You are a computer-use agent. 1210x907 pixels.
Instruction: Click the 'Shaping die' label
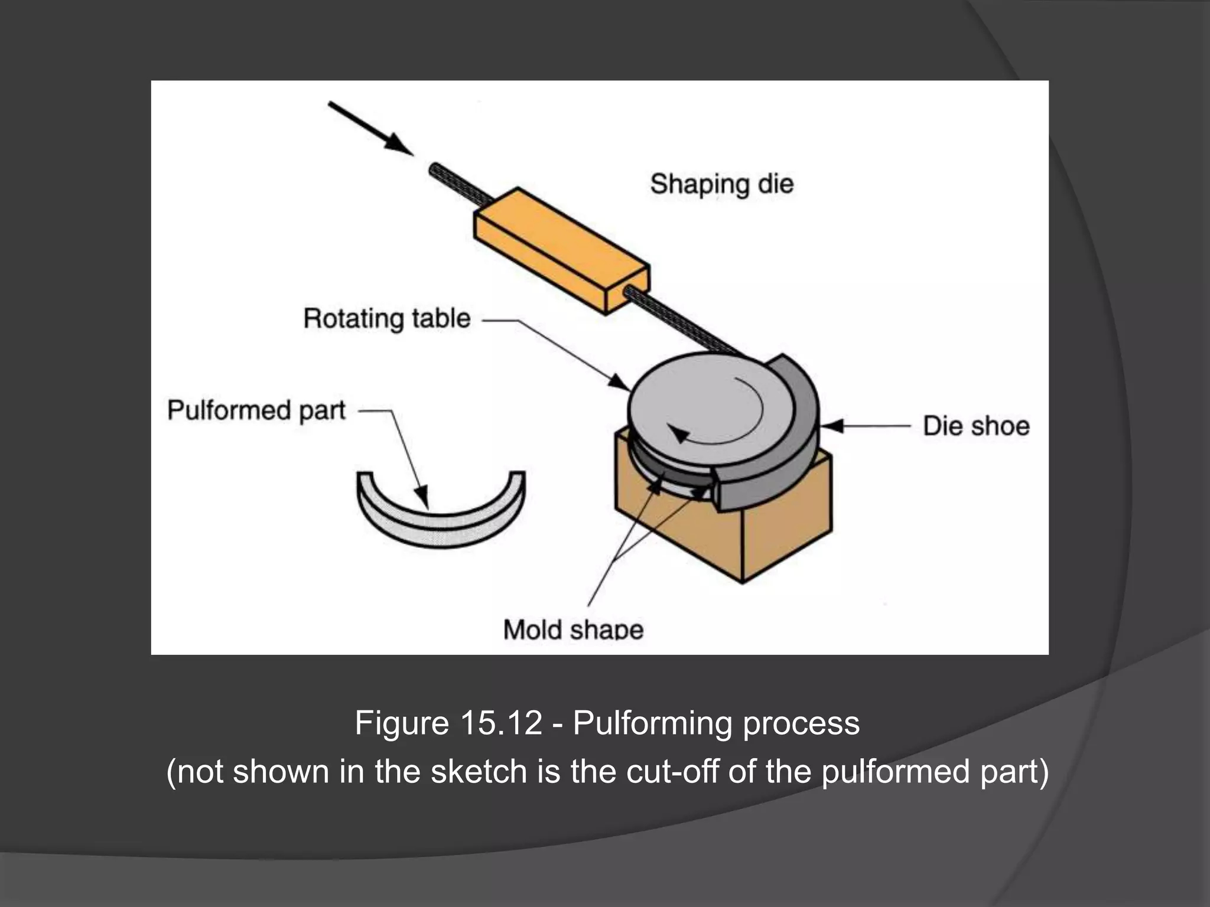(x=721, y=184)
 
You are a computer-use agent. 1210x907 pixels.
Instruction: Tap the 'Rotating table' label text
(x=386, y=319)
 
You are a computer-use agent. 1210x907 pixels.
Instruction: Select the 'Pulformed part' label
(x=256, y=410)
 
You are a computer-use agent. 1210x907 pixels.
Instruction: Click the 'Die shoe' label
(x=976, y=426)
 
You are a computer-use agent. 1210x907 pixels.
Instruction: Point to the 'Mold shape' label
(x=573, y=629)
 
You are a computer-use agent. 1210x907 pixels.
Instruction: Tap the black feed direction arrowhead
(x=397, y=143)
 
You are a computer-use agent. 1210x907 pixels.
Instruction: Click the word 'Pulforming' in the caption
(x=653, y=723)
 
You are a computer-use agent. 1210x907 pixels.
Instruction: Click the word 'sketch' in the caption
(x=479, y=771)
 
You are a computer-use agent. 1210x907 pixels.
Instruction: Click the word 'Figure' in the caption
(x=402, y=723)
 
